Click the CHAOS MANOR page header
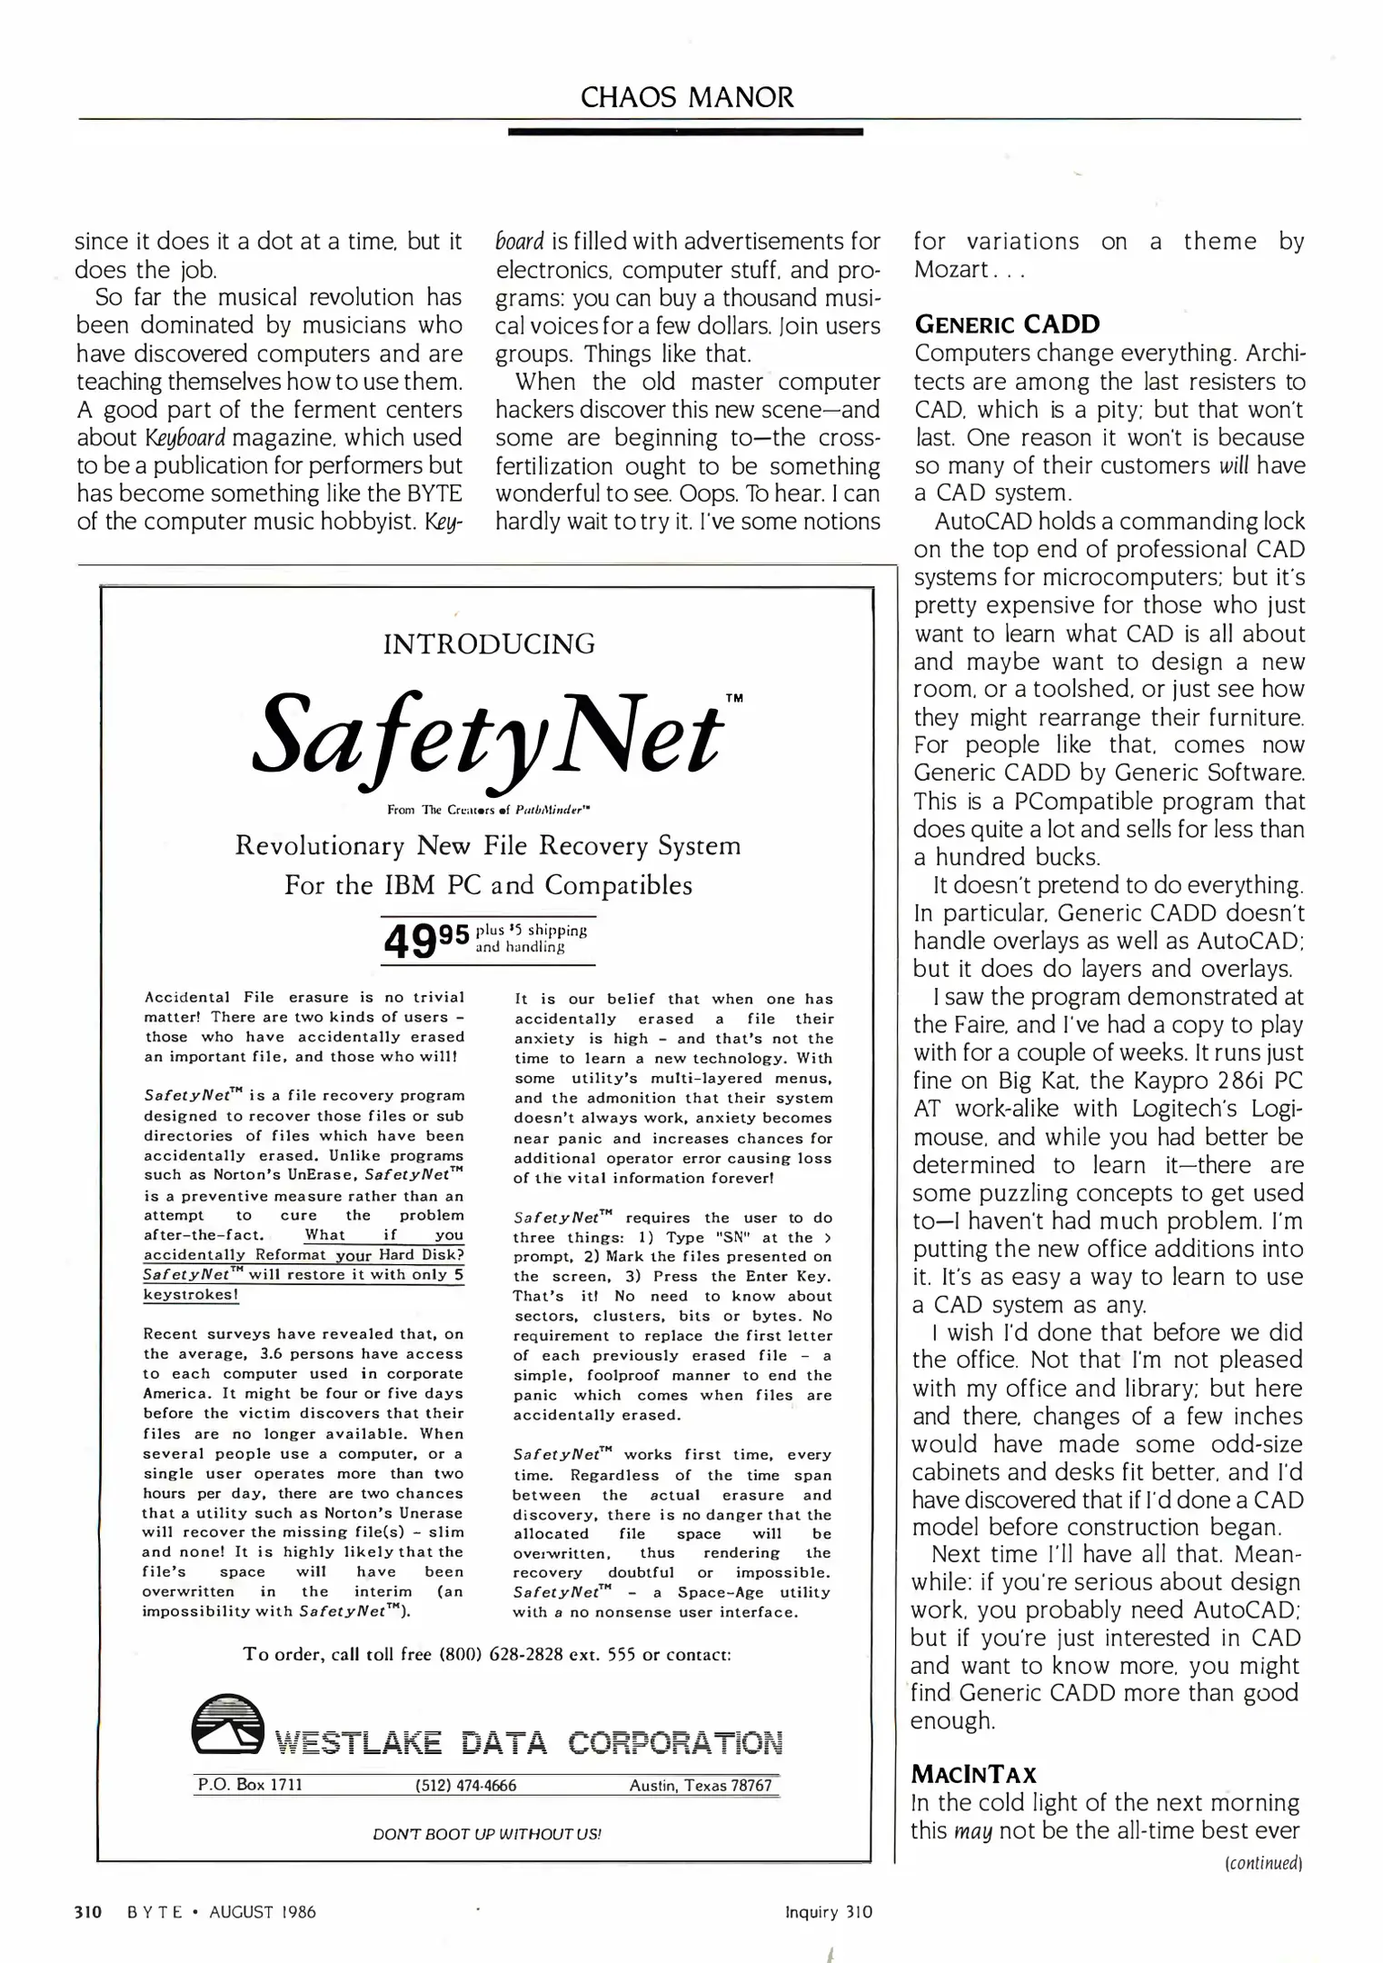click(687, 97)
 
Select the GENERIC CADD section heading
click(1007, 324)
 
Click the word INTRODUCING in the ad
click(489, 644)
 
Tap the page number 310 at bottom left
click(87, 1912)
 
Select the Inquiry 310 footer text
click(828, 1912)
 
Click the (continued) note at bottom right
click(1264, 1864)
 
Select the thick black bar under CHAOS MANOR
click(685, 133)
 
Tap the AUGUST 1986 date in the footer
click(263, 1912)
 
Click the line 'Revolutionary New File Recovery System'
click(488, 846)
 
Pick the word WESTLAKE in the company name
click(359, 1743)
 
